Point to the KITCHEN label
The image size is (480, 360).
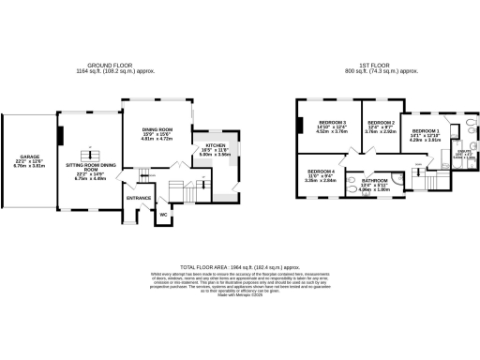[204, 145]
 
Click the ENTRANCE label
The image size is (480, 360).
[139, 198]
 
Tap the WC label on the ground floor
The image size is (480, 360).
[163, 215]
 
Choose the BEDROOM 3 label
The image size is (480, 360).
[332, 123]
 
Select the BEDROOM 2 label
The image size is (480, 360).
[380, 123]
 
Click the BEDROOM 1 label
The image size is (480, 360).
[427, 130]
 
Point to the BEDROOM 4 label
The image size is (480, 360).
[322, 170]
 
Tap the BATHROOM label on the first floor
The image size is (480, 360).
[375, 179]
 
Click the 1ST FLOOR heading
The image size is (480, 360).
[369, 67]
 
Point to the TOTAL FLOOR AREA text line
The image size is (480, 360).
[239, 266]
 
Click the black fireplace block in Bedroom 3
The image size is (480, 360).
[299, 127]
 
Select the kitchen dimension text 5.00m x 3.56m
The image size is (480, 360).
[204, 156]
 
